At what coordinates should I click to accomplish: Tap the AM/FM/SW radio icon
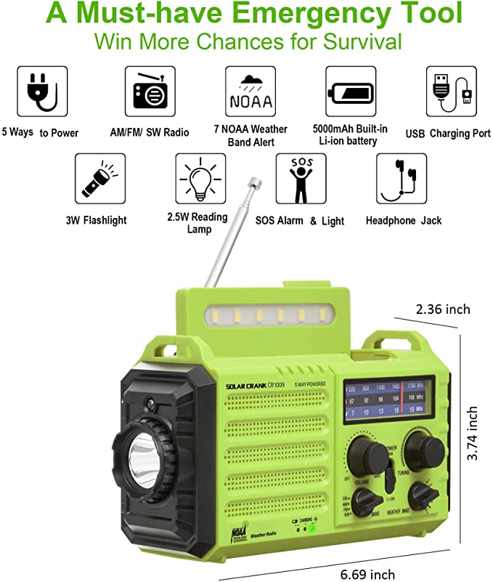150,92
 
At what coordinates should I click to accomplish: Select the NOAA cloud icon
249,92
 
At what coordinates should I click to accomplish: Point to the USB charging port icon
449,92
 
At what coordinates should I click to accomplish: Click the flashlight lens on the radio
139,458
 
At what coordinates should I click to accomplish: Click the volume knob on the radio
368,457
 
